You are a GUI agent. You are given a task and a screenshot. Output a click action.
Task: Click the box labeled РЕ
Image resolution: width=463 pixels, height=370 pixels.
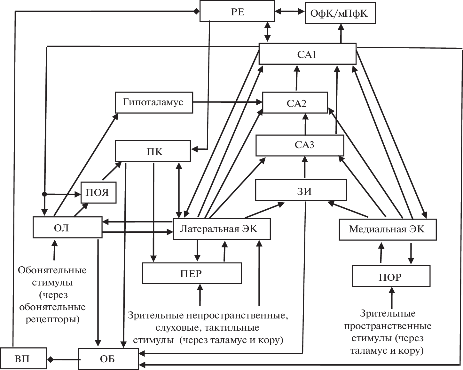(x=237, y=12)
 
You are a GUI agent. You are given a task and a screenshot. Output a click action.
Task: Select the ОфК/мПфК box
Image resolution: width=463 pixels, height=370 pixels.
(x=340, y=13)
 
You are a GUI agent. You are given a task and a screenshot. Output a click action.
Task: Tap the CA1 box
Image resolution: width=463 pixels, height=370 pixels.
(x=307, y=54)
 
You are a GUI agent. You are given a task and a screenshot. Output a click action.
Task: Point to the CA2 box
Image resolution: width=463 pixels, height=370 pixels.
(x=295, y=103)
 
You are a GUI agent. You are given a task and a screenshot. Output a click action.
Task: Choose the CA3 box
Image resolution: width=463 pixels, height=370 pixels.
(x=300, y=145)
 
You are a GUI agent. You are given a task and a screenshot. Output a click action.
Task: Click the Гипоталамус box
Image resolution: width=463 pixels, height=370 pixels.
(x=154, y=102)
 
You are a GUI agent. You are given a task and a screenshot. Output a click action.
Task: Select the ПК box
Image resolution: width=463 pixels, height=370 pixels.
(x=153, y=151)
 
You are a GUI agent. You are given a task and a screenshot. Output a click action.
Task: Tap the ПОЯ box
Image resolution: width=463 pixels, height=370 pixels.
(x=98, y=192)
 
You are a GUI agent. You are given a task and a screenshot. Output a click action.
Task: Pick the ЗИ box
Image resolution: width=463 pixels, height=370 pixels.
(x=301, y=190)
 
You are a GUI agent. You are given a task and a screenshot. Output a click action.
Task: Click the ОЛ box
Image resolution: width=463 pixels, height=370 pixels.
(x=67, y=228)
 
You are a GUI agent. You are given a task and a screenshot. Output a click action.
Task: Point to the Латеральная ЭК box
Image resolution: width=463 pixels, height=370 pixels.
(x=222, y=229)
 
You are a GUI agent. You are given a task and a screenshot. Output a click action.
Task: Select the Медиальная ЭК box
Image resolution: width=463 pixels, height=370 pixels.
(x=388, y=229)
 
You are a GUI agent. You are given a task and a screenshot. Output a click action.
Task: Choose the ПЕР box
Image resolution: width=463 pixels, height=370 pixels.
(x=192, y=273)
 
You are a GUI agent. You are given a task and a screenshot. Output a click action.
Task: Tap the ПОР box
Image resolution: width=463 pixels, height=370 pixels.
(x=391, y=276)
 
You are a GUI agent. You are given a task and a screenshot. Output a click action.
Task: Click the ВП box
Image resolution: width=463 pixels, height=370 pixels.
(x=23, y=359)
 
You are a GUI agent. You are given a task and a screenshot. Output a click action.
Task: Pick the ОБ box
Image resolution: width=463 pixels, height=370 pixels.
(x=108, y=359)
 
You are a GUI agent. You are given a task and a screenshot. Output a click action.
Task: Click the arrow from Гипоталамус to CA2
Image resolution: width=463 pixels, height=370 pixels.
(x=227, y=102)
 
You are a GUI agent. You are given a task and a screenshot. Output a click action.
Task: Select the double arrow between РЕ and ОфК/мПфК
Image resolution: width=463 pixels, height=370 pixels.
(x=290, y=12)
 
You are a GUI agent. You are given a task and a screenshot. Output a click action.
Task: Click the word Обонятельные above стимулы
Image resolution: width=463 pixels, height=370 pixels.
(x=52, y=270)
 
